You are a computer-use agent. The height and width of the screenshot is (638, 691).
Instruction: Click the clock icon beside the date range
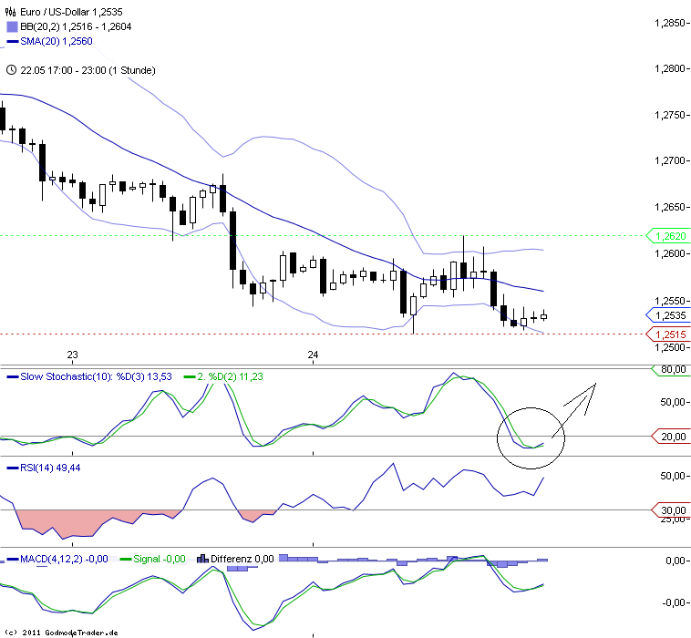10,69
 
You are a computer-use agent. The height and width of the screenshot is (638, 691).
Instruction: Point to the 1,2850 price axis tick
671,22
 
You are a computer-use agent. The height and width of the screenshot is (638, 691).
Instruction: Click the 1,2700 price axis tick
671,161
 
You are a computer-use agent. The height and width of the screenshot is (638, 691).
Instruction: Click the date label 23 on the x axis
73,355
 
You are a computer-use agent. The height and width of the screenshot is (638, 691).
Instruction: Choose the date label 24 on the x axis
313,355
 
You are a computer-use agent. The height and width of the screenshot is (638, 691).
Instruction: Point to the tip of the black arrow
596,385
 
